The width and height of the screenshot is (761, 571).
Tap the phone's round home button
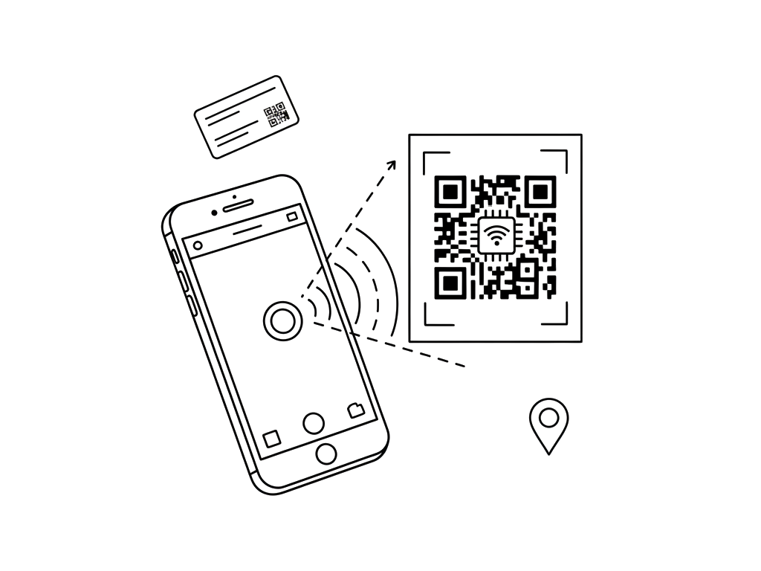tap(326, 453)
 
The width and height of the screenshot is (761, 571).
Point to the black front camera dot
tap(215, 213)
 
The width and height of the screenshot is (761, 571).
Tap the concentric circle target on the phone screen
tap(282, 321)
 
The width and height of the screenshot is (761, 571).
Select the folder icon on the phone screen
tap(356, 408)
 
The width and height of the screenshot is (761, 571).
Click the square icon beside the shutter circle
tap(272, 437)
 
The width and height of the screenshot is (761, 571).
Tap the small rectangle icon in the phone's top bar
tap(292, 216)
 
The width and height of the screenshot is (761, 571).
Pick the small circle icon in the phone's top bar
tap(198, 245)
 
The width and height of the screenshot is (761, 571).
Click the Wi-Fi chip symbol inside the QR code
tap(496, 236)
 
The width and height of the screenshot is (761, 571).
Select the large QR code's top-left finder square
tap(450, 192)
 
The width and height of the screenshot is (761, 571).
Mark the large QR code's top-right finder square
tap(541, 192)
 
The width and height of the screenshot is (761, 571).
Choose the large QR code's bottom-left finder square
tap(450, 283)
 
